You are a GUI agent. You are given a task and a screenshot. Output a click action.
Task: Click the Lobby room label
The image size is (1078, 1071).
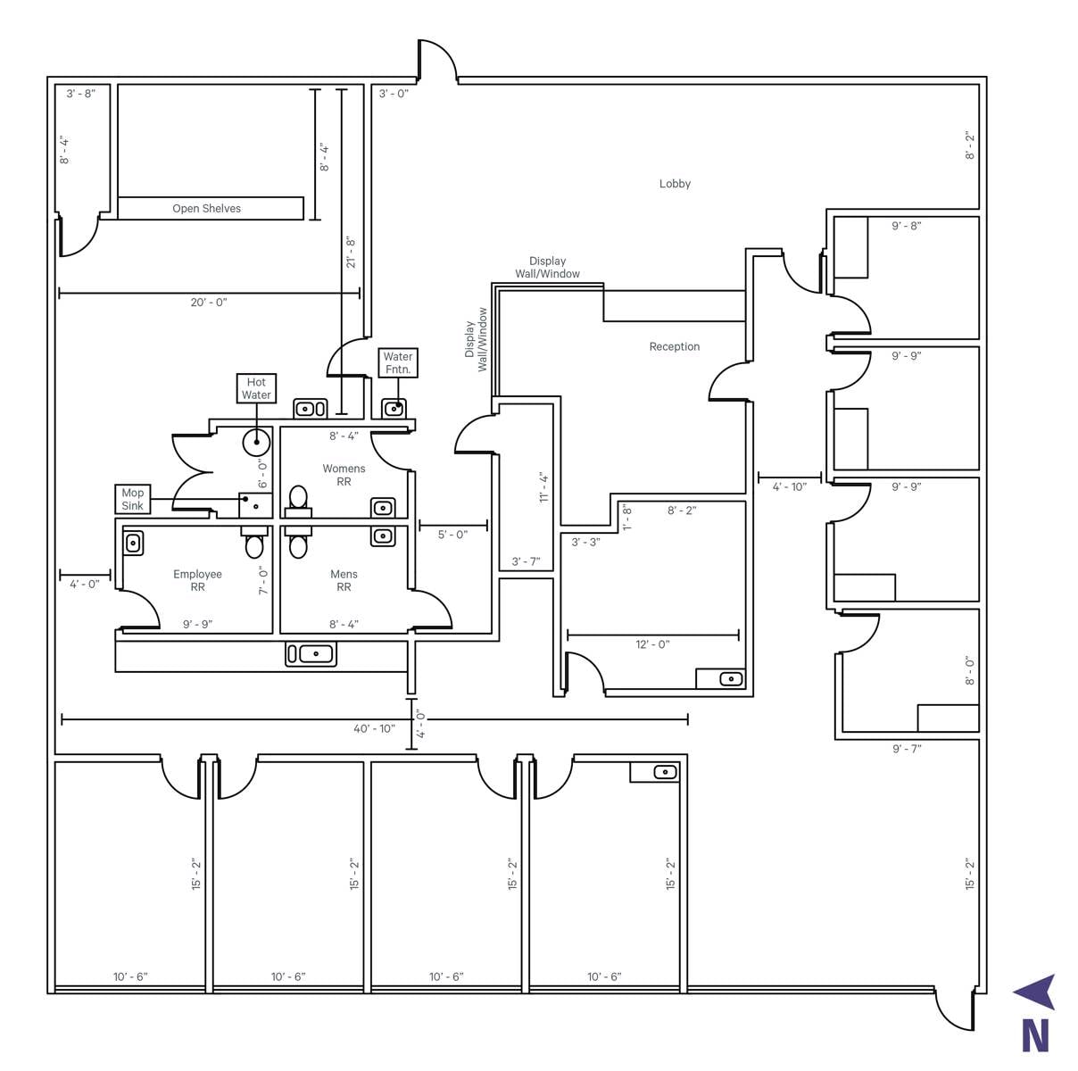674,184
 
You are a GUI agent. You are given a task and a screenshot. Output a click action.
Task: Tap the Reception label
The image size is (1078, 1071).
674,346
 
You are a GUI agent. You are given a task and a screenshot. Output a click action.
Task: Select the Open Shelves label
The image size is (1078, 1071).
206,208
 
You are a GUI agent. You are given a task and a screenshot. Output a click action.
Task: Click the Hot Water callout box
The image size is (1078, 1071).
255,388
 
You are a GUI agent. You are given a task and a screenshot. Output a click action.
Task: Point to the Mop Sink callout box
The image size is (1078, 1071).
133,499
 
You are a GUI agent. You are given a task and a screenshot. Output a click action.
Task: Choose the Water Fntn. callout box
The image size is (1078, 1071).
398,362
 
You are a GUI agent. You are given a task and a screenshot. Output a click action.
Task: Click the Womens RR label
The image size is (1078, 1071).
344,475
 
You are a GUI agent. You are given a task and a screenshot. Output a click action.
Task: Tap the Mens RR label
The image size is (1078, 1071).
344,580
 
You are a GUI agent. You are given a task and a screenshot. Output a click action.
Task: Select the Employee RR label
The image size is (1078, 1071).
197,580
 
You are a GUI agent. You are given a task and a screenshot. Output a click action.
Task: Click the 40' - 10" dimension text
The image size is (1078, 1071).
374,728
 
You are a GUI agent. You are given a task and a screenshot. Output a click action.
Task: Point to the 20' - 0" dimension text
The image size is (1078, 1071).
209,303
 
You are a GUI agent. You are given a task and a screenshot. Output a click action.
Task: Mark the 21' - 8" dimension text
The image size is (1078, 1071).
350,252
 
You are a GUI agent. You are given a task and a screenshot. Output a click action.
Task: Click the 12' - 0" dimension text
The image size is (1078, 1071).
652,644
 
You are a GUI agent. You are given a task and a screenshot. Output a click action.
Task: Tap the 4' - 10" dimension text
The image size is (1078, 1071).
790,486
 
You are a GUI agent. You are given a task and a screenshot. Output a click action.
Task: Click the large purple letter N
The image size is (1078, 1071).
1035,1036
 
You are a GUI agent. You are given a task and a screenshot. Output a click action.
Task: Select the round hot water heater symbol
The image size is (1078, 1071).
256,442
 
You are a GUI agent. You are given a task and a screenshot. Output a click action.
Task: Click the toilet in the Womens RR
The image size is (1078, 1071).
298,502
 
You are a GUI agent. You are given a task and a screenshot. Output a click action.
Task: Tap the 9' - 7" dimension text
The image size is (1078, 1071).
907,748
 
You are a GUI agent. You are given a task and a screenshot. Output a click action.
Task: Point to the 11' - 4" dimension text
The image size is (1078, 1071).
543,487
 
